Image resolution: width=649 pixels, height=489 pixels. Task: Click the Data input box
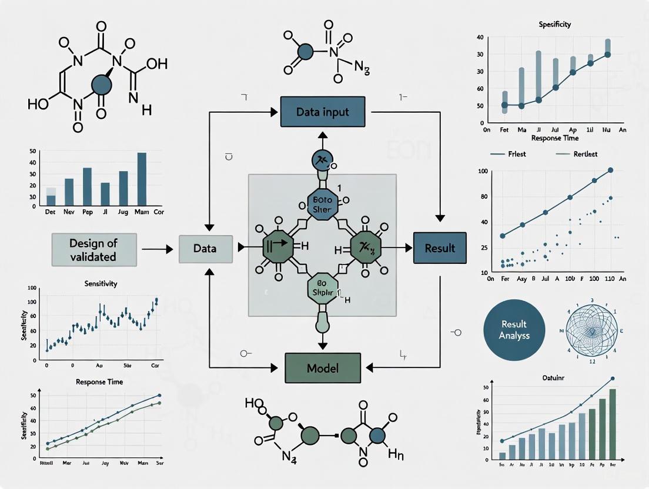pyautogui.click(x=322, y=112)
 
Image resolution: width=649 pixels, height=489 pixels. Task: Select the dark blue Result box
pyautogui.click(x=440, y=247)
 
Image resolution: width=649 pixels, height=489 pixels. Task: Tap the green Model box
pyautogui.click(x=322, y=369)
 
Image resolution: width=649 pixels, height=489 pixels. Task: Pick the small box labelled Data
pyautogui.click(x=205, y=248)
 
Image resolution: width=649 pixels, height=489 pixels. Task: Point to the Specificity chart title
pyautogui.click(x=554, y=25)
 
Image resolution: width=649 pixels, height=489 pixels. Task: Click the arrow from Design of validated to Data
pyautogui.click(x=157, y=249)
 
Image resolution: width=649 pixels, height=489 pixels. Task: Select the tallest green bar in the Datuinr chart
pyautogui.click(x=613, y=423)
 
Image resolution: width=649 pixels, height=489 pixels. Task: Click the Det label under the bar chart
pyautogui.click(x=51, y=212)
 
